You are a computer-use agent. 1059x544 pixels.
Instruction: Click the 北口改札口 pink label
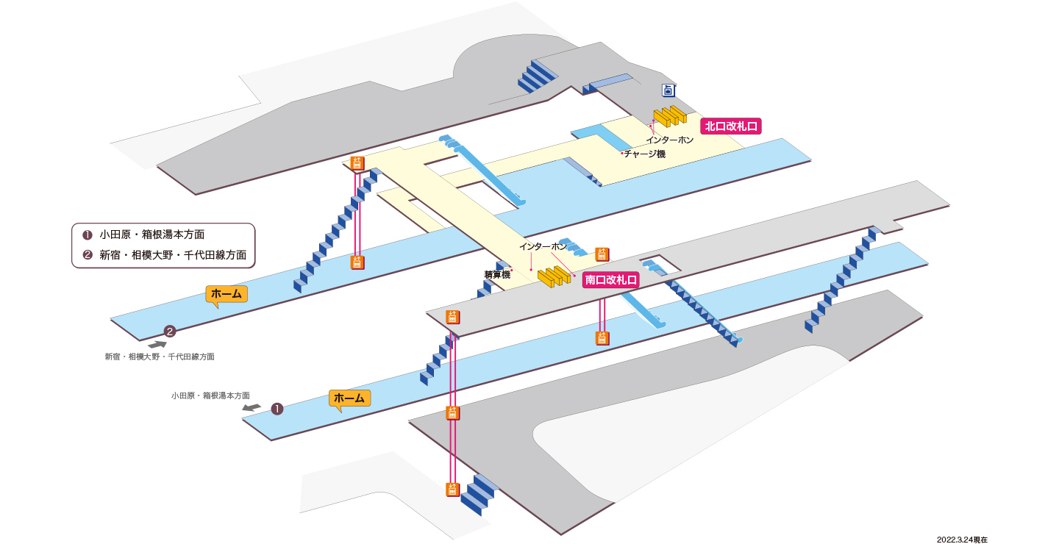[x=730, y=126]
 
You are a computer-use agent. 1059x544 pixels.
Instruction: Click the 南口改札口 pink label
[x=611, y=280]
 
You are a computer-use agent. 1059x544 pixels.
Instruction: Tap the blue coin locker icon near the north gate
[x=668, y=90]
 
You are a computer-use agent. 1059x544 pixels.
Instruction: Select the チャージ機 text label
[x=645, y=154]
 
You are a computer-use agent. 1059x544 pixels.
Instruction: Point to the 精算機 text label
[x=497, y=275]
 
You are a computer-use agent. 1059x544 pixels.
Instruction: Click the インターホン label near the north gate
[x=670, y=140]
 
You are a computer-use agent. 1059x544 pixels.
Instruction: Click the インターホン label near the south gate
[x=543, y=246]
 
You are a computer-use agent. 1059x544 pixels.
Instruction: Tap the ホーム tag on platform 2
[x=227, y=294]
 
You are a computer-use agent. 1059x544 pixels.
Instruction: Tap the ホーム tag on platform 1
[x=349, y=398]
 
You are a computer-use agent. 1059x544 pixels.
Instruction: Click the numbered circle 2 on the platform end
[x=170, y=332]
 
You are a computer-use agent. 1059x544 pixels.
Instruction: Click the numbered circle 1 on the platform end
[x=277, y=409]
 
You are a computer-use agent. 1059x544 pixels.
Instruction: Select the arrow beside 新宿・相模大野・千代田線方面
[x=157, y=345]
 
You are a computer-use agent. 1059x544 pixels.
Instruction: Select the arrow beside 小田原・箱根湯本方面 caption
[x=252, y=407]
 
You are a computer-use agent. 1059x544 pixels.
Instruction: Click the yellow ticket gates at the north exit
[x=670, y=116]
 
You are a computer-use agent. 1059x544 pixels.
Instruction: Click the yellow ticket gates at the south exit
[x=554, y=276]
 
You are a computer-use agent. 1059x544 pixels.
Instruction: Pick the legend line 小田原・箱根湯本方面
[x=143, y=235]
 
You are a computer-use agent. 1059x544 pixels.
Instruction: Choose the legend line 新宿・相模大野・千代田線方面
[x=165, y=255]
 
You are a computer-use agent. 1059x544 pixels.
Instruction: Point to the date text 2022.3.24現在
[x=962, y=540]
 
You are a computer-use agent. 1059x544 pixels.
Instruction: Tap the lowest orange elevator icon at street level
[x=452, y=490]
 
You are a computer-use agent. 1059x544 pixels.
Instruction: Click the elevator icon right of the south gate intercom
[x=602, y=254]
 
